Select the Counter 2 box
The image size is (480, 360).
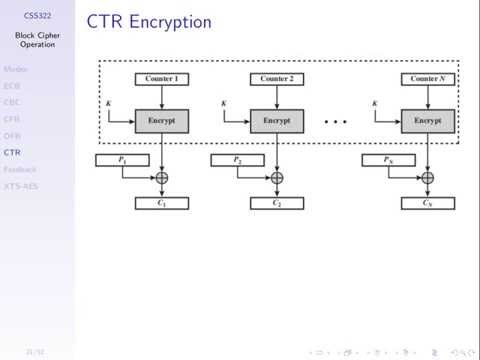277,78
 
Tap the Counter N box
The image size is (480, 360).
427,78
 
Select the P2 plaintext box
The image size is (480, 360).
237,159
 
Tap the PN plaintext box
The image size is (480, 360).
387,159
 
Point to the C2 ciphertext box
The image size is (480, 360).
277,204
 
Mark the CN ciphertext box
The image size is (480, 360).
427,204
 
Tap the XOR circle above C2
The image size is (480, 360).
277,178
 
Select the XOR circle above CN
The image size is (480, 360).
427,178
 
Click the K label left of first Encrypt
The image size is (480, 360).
109,102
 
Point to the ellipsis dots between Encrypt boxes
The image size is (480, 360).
336,122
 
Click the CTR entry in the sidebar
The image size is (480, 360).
11,152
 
